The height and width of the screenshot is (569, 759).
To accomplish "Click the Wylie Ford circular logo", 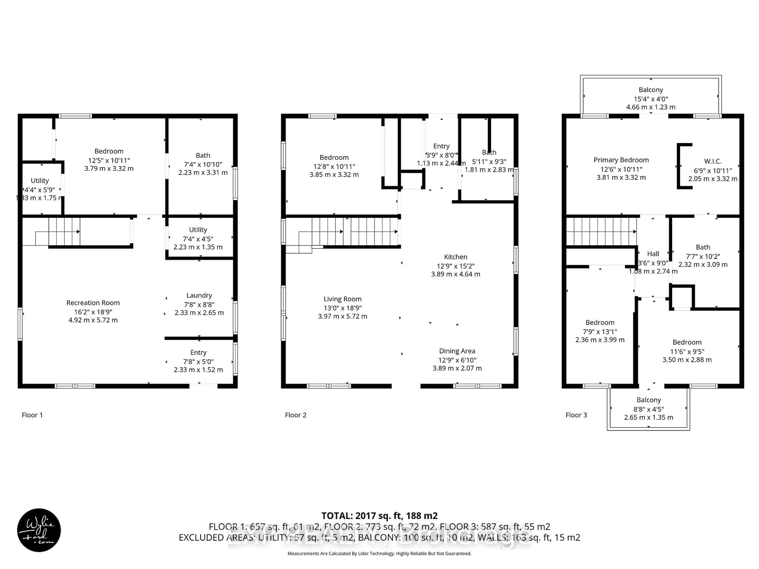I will click(x=39, y=530).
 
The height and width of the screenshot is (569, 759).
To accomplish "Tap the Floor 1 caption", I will click(x=32, y=415).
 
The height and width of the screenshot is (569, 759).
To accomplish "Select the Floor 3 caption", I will click(x=576, y=415).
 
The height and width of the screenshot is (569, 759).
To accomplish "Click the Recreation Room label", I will click(x=93, y=303).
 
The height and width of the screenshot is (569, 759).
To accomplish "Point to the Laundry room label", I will click(x=199, y=295).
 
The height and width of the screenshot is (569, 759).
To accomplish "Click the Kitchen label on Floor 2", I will click(x=455, y=257).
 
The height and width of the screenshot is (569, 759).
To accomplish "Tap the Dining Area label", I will click(x=457, y=351).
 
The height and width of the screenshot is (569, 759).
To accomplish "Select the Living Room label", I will click(x=343, y=299).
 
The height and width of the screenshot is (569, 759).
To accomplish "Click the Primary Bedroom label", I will click(x=621, y=160).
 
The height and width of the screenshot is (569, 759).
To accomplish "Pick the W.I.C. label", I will click(x=713, y=161).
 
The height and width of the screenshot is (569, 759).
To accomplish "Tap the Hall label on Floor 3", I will click(x=653, y=254).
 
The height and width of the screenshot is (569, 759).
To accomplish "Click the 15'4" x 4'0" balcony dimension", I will click(x=650, y=99).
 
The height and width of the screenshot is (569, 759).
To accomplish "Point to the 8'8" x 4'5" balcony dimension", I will click(x=649, y=409).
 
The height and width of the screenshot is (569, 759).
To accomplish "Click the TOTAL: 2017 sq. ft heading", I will click(x=379, y=516).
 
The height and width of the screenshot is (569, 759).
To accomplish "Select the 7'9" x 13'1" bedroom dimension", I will click(x=600, y=332).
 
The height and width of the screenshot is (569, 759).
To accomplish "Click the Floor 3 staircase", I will click(x=600, y=232).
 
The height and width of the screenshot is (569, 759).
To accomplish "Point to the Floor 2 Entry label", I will click(x=441, y=146).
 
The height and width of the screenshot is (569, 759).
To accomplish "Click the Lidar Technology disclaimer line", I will click(x=379, y=553).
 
